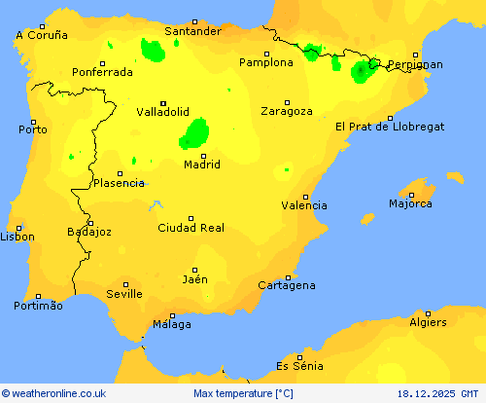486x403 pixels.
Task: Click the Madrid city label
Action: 201,165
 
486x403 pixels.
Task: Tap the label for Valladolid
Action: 162,112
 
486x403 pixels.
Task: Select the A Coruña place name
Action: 42,35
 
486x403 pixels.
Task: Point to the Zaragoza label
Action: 287,111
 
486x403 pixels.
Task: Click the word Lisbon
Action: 17,237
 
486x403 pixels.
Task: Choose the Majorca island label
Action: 410,203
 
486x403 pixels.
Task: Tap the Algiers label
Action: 428,322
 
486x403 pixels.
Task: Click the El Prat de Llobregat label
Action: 390,127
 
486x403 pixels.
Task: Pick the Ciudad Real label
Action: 191,228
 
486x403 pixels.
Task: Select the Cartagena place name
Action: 287,285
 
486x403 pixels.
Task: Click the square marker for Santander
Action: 193,21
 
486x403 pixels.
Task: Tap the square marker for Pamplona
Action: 267,54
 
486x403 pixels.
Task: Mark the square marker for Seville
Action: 124,283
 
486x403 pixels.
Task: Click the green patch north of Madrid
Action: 196,132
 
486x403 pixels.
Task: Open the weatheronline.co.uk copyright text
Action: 53,394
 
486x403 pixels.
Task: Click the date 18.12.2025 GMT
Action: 438,394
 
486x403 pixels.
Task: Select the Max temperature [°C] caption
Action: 243,394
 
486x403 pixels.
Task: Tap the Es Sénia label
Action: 299,366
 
